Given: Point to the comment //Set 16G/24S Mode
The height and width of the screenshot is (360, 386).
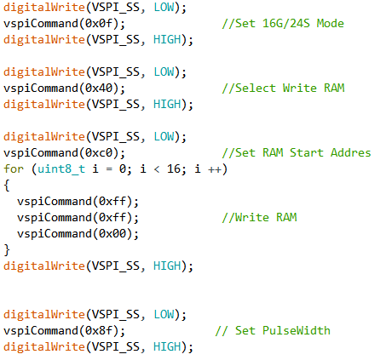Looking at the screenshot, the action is point(283,23).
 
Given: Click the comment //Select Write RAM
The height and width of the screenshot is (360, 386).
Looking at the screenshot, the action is point(283,88).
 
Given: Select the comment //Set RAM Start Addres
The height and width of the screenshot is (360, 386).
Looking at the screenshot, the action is point(297,152).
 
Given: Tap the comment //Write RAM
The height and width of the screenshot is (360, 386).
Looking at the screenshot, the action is point(259,217).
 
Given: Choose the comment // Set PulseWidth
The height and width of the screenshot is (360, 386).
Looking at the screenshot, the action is point(273,330).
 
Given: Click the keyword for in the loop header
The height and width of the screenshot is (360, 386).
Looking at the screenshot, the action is point(14,169).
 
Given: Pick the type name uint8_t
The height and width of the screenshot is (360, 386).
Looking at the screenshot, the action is point(61,169).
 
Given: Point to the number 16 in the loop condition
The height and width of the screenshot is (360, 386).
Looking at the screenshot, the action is point(174,169).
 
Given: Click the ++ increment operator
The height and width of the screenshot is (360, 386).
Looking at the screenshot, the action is point(215,169).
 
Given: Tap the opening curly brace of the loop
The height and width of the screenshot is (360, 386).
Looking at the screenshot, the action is point(7,186).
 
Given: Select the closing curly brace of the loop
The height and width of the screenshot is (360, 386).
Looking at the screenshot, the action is point(7,250).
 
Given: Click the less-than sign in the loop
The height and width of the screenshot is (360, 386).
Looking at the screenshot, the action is point(157,169).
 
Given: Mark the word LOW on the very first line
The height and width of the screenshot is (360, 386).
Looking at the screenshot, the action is point(164,7).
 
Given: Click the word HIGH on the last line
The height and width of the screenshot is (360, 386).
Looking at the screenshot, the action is point(167,346).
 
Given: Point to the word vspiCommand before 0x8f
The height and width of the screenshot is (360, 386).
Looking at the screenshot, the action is point(41,331).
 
